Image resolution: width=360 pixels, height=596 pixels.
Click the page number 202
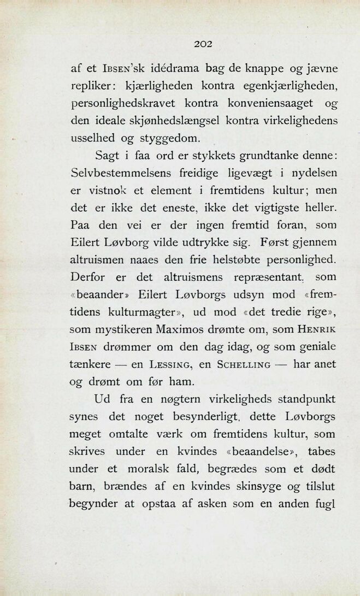[x=202, y=44]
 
